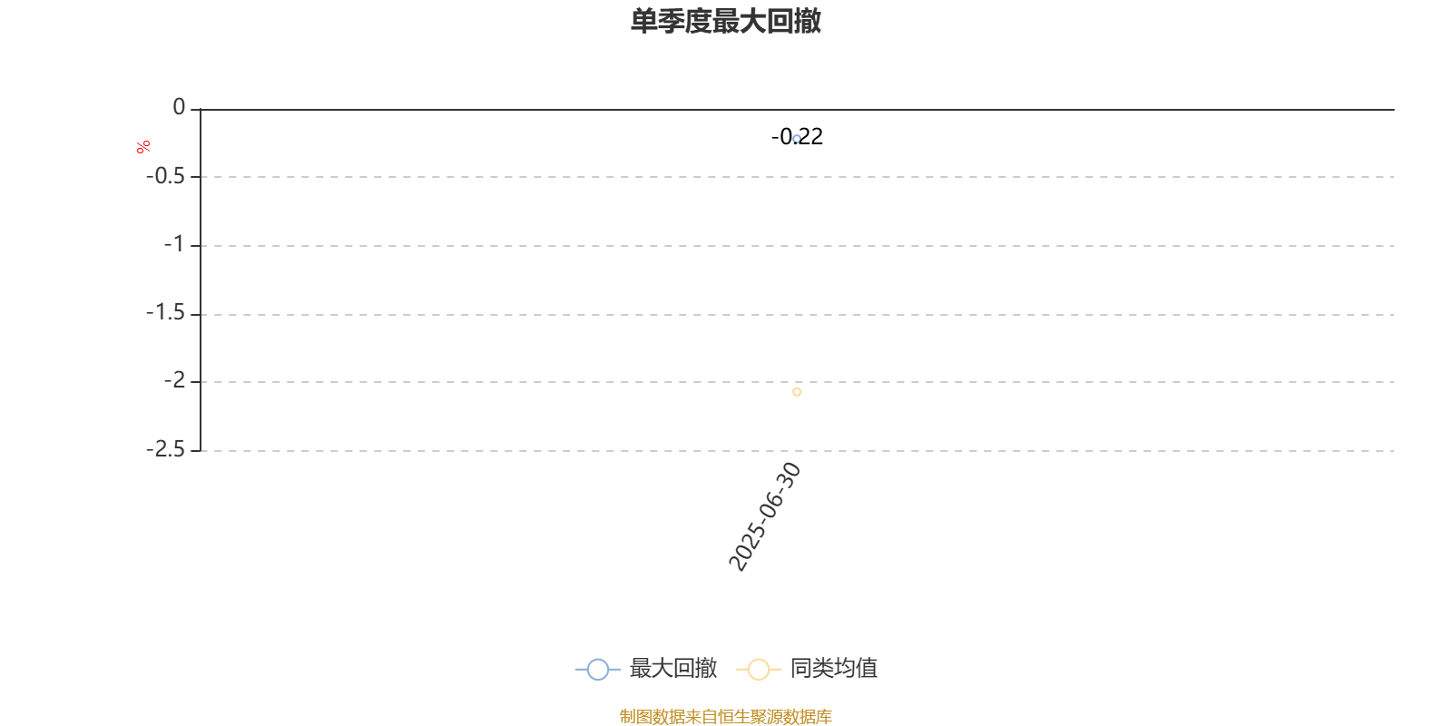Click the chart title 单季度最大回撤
[x=725, y=21]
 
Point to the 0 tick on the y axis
[x=179, y=107]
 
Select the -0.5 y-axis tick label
[x=165, y=176]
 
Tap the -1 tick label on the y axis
[x=174, y=245]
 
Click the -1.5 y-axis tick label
[x=165, y=313]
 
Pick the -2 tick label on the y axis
[x=174, y=380]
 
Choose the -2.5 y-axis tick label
[x=165, y=449]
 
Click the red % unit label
[x=143, y=147]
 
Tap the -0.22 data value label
[x=797, y=137]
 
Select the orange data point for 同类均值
[x=797, y=392]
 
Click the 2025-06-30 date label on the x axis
[x=765, y=516]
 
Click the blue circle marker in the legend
[x=598, y=669]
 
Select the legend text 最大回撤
[x=672, y=668]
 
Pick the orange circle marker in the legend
[x=759, y=669]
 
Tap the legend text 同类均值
[x=834, y=668]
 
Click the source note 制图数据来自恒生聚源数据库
[x=725, y=716]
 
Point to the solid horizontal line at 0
[x=798, y=110]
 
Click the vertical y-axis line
[x=201, y=280]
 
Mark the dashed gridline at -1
[x=798, y=246]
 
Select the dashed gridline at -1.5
[x=798, y=314]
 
